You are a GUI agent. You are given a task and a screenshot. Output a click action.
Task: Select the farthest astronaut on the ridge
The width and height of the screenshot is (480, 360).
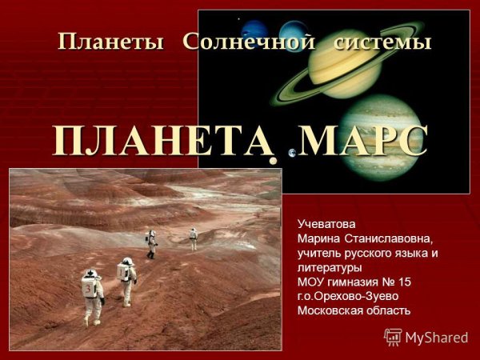point(193,238)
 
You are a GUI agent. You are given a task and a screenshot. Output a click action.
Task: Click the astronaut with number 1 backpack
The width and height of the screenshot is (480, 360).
point(126,280)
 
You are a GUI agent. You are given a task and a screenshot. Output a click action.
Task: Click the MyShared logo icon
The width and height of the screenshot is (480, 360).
point(393,337)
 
